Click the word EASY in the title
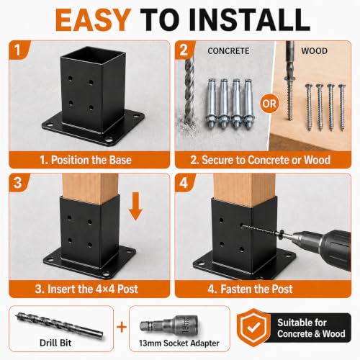pos(93,20)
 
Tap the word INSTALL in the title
pos(249,20)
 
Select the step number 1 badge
pos(17,50)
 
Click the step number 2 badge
pos(184,50)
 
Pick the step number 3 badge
pos(17,183)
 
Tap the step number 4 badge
pos(184,183)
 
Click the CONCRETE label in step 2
pos(228,51)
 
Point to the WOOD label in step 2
pos(314,51)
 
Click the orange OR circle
pos(269,104)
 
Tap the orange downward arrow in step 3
pos(135,207)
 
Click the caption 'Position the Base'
pos(91,160)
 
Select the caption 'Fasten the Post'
pos(256,289)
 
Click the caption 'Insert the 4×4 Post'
pos(93,289)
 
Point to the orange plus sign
pos(122,328)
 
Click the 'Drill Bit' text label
pos(55,343)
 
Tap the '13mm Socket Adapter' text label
pos(179,343)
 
